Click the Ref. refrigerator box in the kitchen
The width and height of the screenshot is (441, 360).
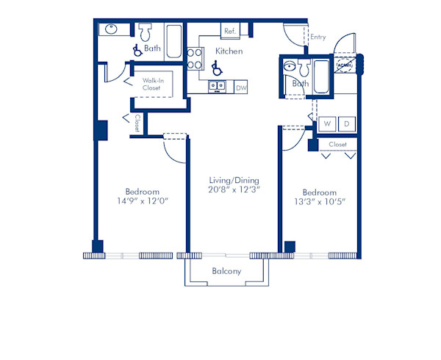pyautogui.click(x=229, y=31)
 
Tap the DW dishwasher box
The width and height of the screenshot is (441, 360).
pyautogui.click(x=241, y=87)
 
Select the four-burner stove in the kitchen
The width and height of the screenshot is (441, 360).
pyautogui.click(x=195, y=58)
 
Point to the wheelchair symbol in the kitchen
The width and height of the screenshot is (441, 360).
pyautogui.click(x=216, y=68)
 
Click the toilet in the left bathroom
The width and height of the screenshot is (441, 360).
pyautogui.click(x=144, y=32)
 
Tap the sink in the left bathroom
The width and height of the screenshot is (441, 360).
pyautogui.click(x=111, y=30)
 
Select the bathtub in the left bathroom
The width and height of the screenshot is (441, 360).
pyautogui.click(x=173, y=41)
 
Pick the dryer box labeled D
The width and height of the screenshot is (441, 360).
pyautogui.click(x=347, y=123)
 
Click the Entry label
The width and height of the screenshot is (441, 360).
pyautogui.click(x=318, y=37)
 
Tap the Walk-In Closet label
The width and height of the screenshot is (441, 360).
pyautogui.click(x=151, y=84)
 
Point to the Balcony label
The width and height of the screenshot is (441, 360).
pyautogui.click(x=226, y=271)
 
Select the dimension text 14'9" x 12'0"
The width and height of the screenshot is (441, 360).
pyautogui.click(x=142, y=201)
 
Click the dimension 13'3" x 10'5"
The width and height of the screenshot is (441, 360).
pyautogui.click(x=320, y=201)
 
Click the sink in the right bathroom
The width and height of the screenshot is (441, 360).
pyautogui.click(x=290, y=67)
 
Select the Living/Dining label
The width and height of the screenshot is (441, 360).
pyautogui.click(x=234, y=180)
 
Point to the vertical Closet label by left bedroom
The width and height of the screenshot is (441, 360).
pyautogui.click(x=137, y=123)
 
